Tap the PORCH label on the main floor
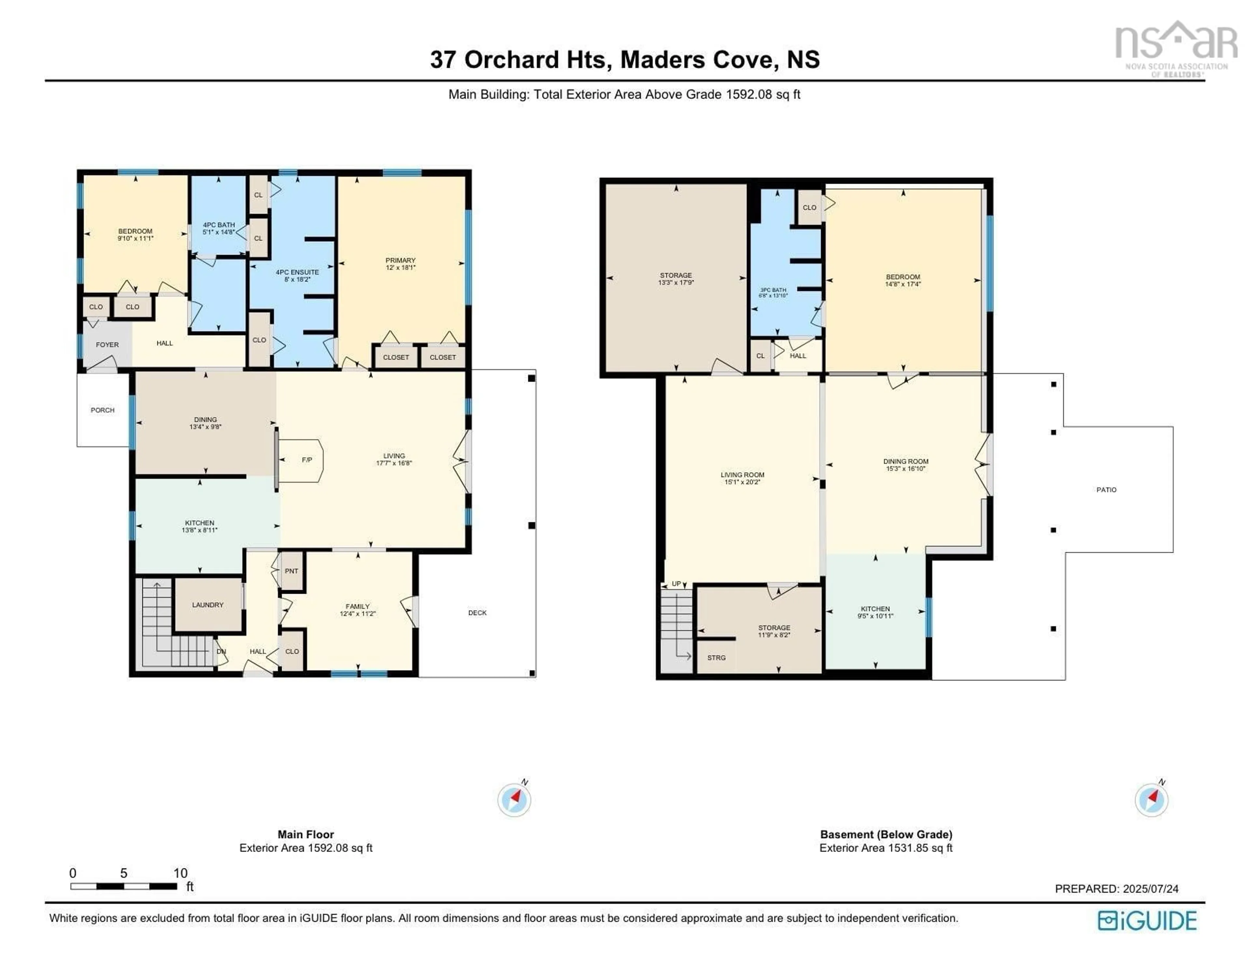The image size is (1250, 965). click(x=103, y=410)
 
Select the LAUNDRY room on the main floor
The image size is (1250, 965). click(x=208, y=605)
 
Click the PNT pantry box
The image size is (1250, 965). click(x=291, y=571)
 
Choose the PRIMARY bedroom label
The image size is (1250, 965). click(x=400, y=260)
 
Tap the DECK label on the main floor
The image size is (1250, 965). click(x=477, y=613)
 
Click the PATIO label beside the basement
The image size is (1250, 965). click(x=1106, y=489)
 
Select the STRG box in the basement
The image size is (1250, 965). click(x=716, y=658)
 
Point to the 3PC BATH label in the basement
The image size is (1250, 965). click(x=773, y=290)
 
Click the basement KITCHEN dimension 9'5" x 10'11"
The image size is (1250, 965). click(x=875, y=616)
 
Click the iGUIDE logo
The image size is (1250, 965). click(x=1147, y=920)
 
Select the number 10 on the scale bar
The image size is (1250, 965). click(x=180, y=873)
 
